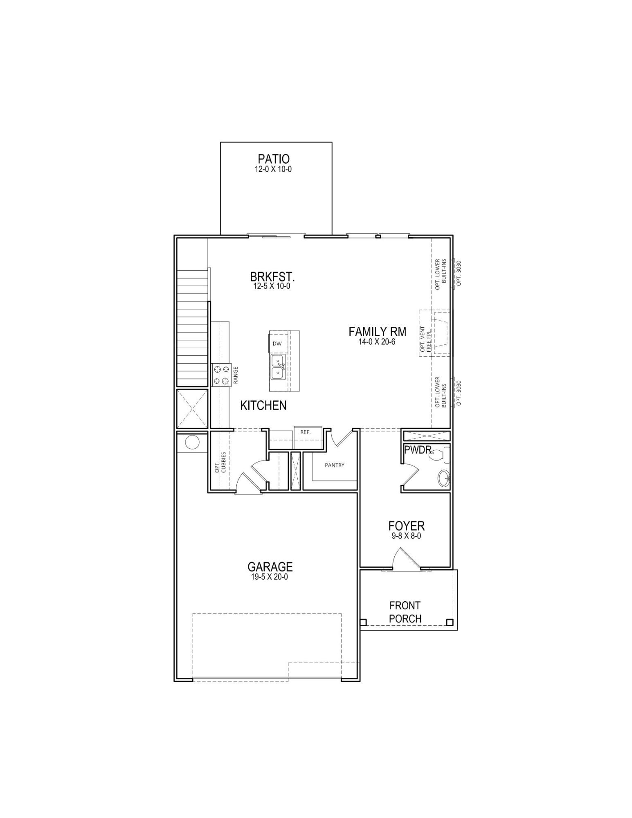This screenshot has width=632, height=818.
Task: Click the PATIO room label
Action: (273, 159)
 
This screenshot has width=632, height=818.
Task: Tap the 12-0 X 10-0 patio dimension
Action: (273, 169)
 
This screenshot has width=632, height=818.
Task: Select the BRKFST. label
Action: (272, 276)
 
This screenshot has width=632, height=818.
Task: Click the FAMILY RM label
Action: (377, 331)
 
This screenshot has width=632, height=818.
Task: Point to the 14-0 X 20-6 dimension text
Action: (377, 342)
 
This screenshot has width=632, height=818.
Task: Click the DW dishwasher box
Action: (277, 344)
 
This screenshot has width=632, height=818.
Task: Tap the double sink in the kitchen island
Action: (278, 367)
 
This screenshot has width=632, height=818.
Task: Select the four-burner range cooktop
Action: (221, 375)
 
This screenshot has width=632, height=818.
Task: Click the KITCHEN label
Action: (263, 405)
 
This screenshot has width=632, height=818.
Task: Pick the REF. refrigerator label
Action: (305, 432)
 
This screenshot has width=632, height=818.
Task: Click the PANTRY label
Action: (334, 465)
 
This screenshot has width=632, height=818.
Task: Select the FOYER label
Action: (406, 526)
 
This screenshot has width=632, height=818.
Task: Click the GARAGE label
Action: (270, 566)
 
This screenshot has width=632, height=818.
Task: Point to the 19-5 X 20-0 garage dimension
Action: (270, 577)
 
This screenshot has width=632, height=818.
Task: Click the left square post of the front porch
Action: (363, 622)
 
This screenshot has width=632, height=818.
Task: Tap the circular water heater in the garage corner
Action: (192, 442)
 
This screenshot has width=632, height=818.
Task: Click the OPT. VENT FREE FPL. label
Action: (425, 339)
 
